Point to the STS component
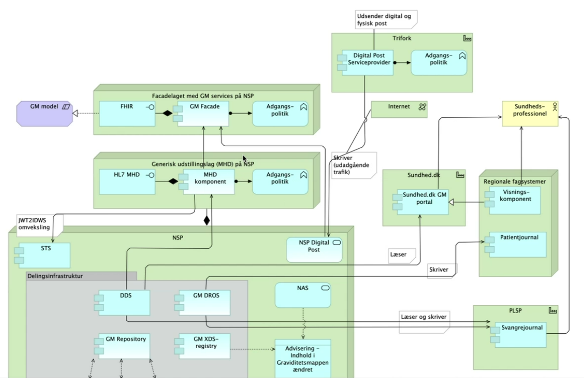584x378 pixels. tap(44, 255)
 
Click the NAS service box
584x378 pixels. tap(302, 295)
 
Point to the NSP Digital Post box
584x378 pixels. tap(314, 249)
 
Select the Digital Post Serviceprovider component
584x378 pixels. tap(368, 62)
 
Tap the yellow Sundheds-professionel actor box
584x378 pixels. tap(530, 113)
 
